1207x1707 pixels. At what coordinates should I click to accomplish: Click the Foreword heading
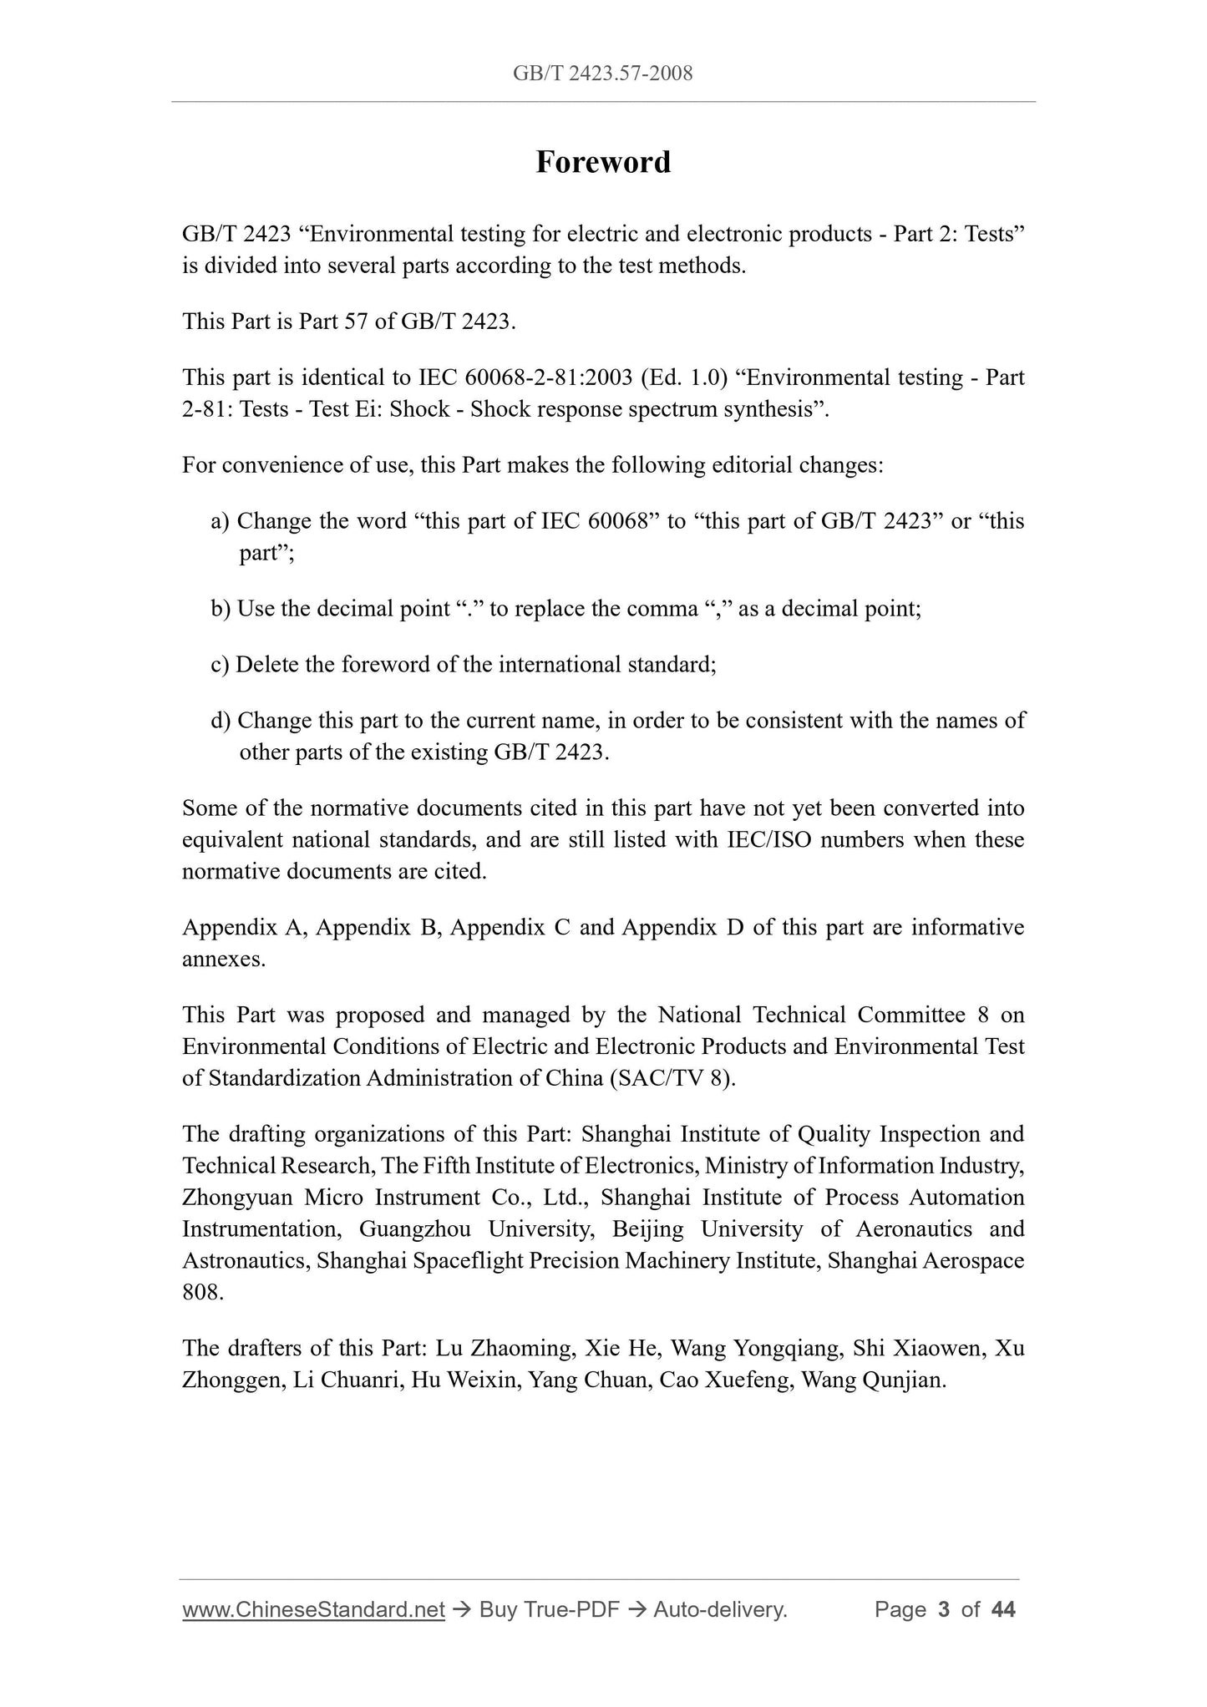point(602,162)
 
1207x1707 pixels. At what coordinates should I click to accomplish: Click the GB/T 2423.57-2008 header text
point(602,73)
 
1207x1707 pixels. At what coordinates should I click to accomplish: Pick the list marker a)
point(220,521)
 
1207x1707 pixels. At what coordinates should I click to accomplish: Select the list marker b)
point(220,609)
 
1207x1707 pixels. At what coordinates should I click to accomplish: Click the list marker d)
point(220,720)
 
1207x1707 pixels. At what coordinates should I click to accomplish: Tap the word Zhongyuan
point(237,1198)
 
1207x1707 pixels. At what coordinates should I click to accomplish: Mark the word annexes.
point(223,960)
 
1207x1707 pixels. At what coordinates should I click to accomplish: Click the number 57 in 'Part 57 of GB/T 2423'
point(356,322)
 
